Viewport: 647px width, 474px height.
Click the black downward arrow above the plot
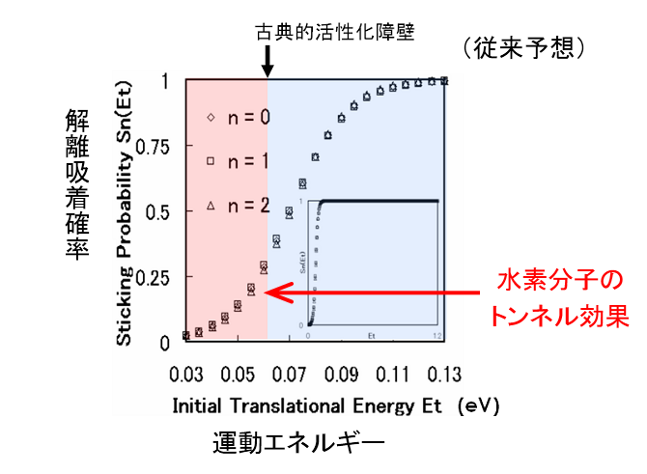[267, 63]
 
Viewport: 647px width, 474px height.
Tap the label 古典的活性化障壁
[334, 31]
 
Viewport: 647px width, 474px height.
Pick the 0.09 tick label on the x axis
[340, 372]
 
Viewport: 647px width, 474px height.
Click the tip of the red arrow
[266, 291]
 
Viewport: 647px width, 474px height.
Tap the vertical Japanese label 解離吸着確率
[77, 183]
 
